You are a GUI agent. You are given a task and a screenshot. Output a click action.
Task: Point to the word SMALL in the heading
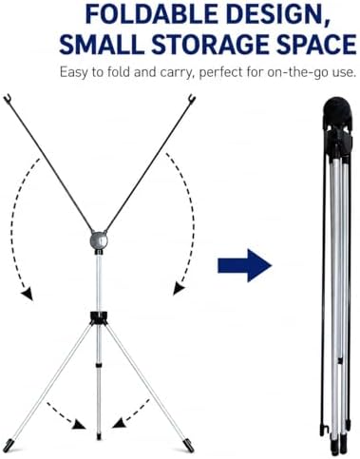(x=102, y=44)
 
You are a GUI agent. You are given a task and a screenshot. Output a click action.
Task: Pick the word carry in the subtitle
(x=176, y=73)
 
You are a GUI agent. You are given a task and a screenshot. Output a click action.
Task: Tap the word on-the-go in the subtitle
(x=301, y=72)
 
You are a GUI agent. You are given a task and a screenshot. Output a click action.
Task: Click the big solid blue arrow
(x=245, y=265)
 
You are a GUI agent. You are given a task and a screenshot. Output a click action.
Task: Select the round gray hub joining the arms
(x=99, y=240)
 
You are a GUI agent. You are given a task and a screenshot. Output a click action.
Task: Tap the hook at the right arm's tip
(x=192, y=98)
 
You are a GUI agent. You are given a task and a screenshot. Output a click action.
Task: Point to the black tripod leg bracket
(x=99, y=318)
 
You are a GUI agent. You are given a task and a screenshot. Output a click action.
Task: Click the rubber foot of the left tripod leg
(x=8, y=445)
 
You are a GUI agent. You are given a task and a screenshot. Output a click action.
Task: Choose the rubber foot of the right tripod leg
(x=189, y=445)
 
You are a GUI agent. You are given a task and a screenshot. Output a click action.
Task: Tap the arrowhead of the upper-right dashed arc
(x=179, y=290)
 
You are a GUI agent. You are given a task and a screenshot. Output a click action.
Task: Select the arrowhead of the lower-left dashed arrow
(x=79, y=425)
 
